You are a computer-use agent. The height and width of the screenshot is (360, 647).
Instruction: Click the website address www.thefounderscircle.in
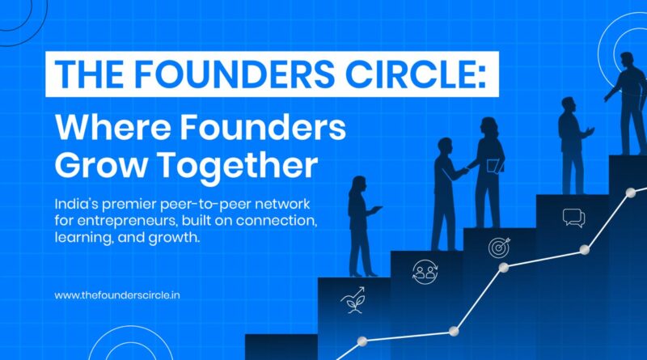pos(117,295)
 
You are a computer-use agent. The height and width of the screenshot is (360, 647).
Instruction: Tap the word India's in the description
pos(76,204)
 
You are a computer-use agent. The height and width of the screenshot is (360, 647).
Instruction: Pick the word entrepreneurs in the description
pos(127,222)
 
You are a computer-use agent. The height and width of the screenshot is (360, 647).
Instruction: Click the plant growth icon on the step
pos(353,300)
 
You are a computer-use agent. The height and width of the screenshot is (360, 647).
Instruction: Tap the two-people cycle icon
pos(425,272)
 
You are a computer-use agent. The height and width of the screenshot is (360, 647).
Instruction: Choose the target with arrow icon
pos(499,248)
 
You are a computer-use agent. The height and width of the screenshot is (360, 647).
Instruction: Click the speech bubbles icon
pos(574,218)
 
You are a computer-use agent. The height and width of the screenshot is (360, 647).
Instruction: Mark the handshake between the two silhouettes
pos(467,170)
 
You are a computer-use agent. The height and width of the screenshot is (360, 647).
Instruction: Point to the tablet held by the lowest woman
pos(376,209)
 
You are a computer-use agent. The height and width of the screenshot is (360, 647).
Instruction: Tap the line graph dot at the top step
pos(631,193)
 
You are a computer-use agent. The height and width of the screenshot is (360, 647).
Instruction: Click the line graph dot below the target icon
pos(503,268)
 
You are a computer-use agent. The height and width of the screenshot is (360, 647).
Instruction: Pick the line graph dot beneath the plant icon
pos(362,341)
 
